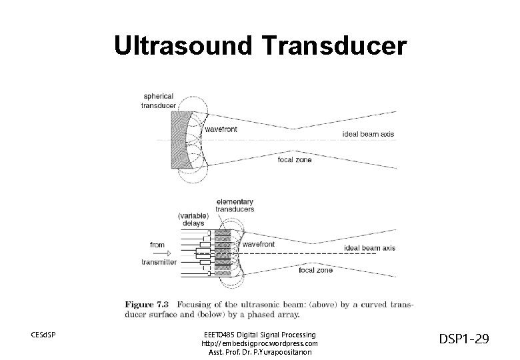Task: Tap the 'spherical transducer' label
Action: click(x=158, y=101)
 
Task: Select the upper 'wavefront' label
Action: click(x=220, y=129)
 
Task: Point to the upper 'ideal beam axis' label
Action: click(x=368, y=134)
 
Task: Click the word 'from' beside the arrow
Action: click(x=157, y=245)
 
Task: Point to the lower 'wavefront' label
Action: click(x=259, y=245)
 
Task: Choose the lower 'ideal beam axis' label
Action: click(x=369, y=248)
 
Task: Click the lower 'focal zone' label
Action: click(x=316, y=270)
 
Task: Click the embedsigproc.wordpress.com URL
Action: click(x=259, y=343)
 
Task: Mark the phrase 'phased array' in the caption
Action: click(x=276, y=314)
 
